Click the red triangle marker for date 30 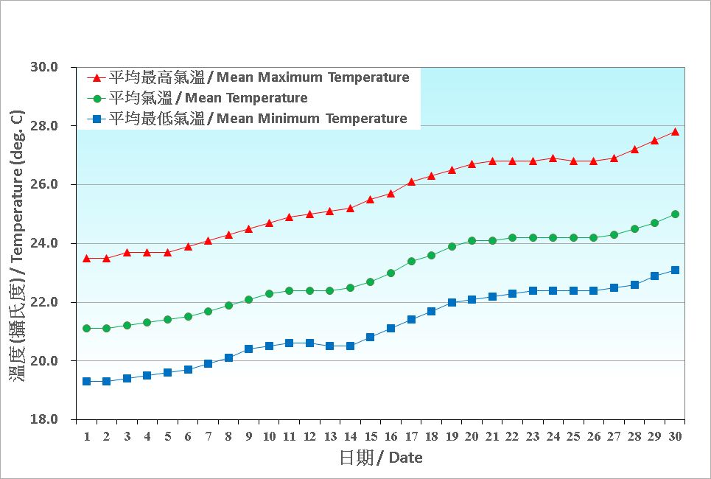[x=675, y=132]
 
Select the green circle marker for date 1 [x=86, y=328]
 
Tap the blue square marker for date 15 [x=370, y=337]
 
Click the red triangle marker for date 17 [x=411, y=181]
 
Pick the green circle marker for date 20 [x=472, y=240]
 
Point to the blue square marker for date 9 [x=248, y=349]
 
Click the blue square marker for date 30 [x=675, y=270]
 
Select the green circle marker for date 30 [x=675, y=214]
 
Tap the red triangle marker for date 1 [x=86, y=258]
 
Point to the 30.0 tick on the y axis [x=43, y=67]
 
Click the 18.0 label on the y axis [x=43, y=419]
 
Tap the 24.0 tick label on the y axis [x=43, y=243]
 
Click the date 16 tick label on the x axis [x=390, y=436]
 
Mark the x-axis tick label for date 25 [x=573, y=436]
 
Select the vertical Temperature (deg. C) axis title [x=17, y=243]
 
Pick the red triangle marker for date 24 [x=553, y=158]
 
